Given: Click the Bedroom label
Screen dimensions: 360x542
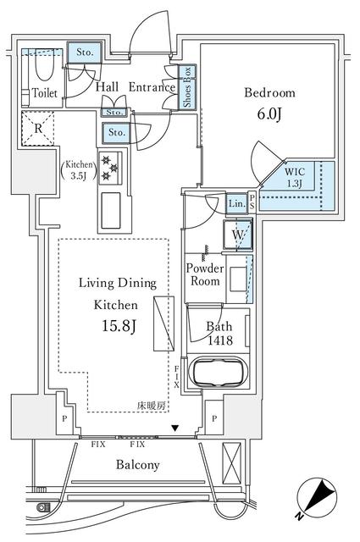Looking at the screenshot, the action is pyautogui.click(x=269, y=92).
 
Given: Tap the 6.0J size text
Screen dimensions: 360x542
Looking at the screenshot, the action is pyautogui.click(x=269, y=113).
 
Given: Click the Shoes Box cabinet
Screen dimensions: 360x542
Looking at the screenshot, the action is pyautogui.click(x=187, y=87).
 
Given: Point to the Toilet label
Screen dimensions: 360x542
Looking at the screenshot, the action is pyautogui.click(x=45, y=92).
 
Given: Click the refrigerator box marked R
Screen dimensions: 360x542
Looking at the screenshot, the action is pyautogui.click(x=38, y=128).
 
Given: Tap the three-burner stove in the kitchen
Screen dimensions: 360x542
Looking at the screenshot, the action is pyautogui.click(x=110, y=169).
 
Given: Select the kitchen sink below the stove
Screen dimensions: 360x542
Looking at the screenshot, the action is pyautogui.click(x=111, y=211).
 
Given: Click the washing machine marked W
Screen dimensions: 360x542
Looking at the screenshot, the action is pyautogui.click(x=237, y=235).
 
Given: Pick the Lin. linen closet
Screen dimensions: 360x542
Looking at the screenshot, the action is pyautogui.click(x=237, y=203).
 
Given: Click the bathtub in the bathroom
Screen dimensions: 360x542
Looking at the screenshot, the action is pyautogui.click(x=218, y=372).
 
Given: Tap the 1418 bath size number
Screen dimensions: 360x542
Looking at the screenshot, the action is pyautogui.click(x=220, y=340).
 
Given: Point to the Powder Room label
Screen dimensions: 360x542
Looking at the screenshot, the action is pyautogui.click(x=205, y=274).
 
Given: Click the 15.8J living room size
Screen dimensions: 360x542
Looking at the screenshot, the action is pyautogui.click(x=119, y=325).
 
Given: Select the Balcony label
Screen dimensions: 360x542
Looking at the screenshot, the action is pyautogui.click(x=137, y=465).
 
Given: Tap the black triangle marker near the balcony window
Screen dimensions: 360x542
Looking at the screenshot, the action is pyautogui.click(x=175, y=429).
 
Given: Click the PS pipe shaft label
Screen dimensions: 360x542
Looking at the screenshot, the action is pyautogui.click(x=252, y=202).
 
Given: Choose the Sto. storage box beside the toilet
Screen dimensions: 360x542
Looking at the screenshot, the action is pyautogui.click(x=85, y=53).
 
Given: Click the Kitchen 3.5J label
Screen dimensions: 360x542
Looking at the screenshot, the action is pyautogui.click(x=79, y=169).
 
